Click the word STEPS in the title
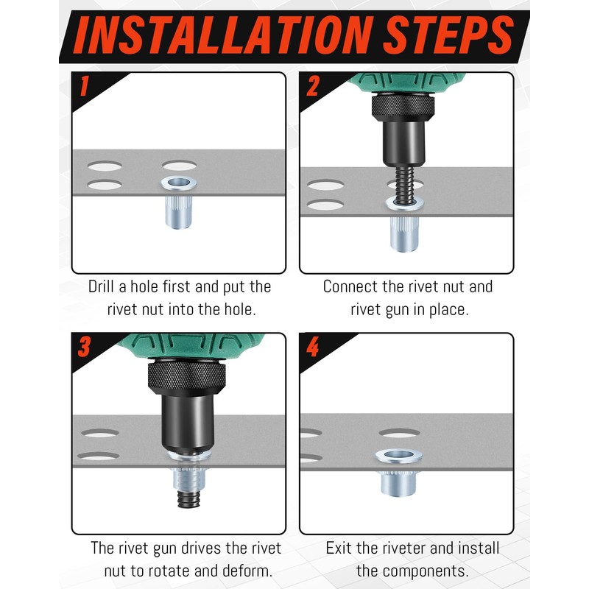coord(449,35)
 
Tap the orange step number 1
coord(84,85)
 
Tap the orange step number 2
coord(312,85)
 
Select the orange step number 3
coord(84,346)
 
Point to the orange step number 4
coord(312,346)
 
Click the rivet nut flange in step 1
coord(179,183)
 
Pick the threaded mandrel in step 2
coord(404,183)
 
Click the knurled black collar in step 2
coord(403,107)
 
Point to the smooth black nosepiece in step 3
coord(188,423)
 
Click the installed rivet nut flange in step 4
coord(398,456)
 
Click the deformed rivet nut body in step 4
coord(398,483)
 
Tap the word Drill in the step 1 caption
coord(102,286)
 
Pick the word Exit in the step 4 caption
coord(339,548)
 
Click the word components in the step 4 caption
coord(421,572)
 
